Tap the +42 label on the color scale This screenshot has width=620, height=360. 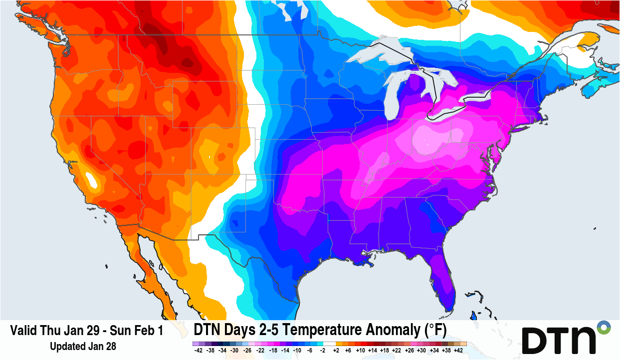pos(459,351)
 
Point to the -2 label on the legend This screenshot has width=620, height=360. pos(322,351)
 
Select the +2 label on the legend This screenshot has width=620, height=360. pos(335,351)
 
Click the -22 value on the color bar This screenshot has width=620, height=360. pos(260,351)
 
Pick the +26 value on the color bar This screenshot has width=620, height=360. pos(410,351)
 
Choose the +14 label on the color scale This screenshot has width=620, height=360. pos(372,351)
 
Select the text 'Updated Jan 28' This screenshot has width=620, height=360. pos(83,346)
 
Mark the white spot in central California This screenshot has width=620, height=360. pos(90,178)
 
